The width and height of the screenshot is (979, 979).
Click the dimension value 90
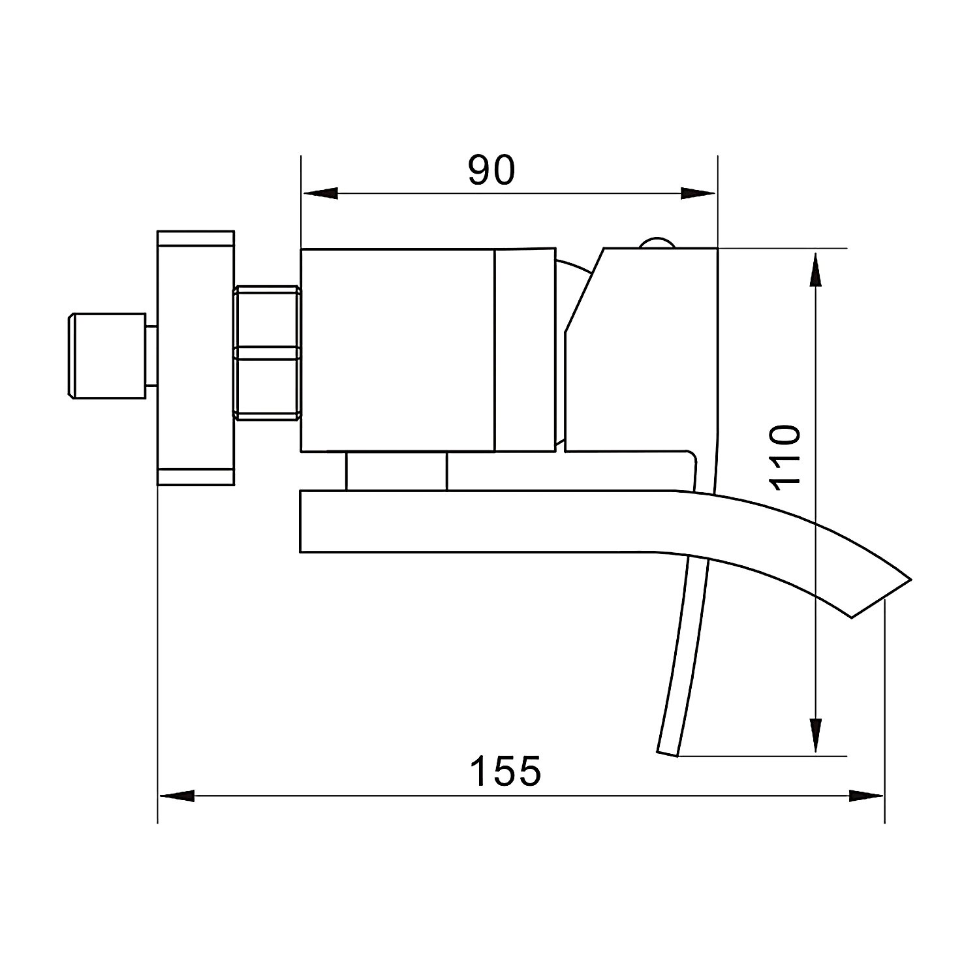pos(491,170)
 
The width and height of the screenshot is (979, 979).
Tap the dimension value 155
pos(506,771)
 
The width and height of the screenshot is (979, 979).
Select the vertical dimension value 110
pos(785,458)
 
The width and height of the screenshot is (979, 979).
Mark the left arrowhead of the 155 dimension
pos(177,796)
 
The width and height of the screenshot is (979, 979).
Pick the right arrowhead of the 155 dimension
pos(865,796)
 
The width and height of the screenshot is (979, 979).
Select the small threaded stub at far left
pos(106,356)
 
